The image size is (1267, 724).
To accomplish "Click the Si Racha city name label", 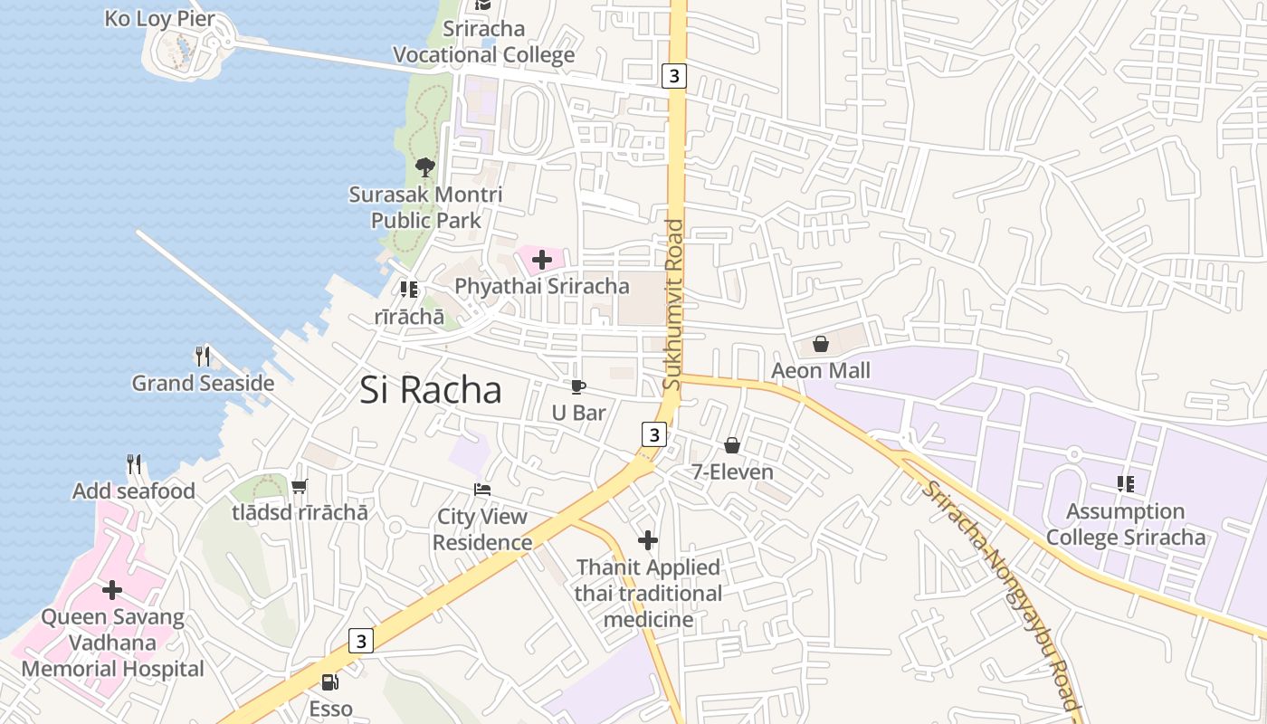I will point(431,390).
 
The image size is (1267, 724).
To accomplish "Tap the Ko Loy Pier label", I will point(160,18).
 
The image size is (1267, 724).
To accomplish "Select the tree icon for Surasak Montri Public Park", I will point(424,167).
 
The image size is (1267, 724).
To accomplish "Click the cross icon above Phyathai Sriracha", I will point(542,261).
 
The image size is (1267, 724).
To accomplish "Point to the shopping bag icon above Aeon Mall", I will point(821,344).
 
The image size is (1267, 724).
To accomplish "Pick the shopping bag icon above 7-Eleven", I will point(732,445).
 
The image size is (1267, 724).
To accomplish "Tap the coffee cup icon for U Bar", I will point(578,386).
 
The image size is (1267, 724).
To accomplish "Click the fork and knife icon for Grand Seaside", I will point(203,357).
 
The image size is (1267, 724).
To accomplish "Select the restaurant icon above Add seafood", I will point(134,464).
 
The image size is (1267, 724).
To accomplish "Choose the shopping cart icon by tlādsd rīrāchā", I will point(300,486).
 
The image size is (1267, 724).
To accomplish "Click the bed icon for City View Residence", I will point(483,490).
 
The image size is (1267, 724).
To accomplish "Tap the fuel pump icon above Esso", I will point(330,682).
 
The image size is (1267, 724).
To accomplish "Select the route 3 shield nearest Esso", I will point(361,641).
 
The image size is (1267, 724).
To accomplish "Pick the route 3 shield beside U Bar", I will point(653,434).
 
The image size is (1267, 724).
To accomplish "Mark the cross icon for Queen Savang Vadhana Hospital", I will point(112,590).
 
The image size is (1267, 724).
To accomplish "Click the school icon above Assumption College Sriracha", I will point(1126,484).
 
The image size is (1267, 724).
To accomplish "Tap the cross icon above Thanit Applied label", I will point(648,540).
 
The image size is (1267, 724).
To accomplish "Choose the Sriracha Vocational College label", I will point(483,42).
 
